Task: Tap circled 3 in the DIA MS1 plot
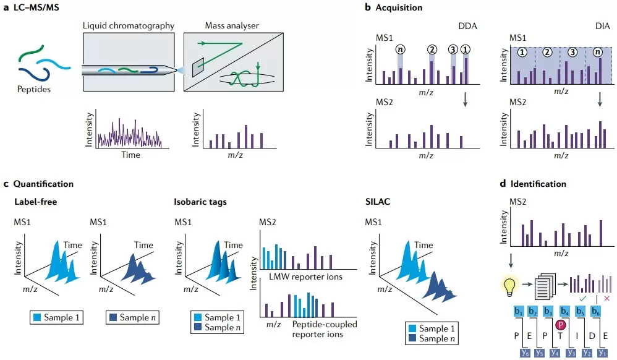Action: [572, 53]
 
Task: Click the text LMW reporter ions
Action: [307, 276]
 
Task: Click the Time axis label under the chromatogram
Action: [130, 155]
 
